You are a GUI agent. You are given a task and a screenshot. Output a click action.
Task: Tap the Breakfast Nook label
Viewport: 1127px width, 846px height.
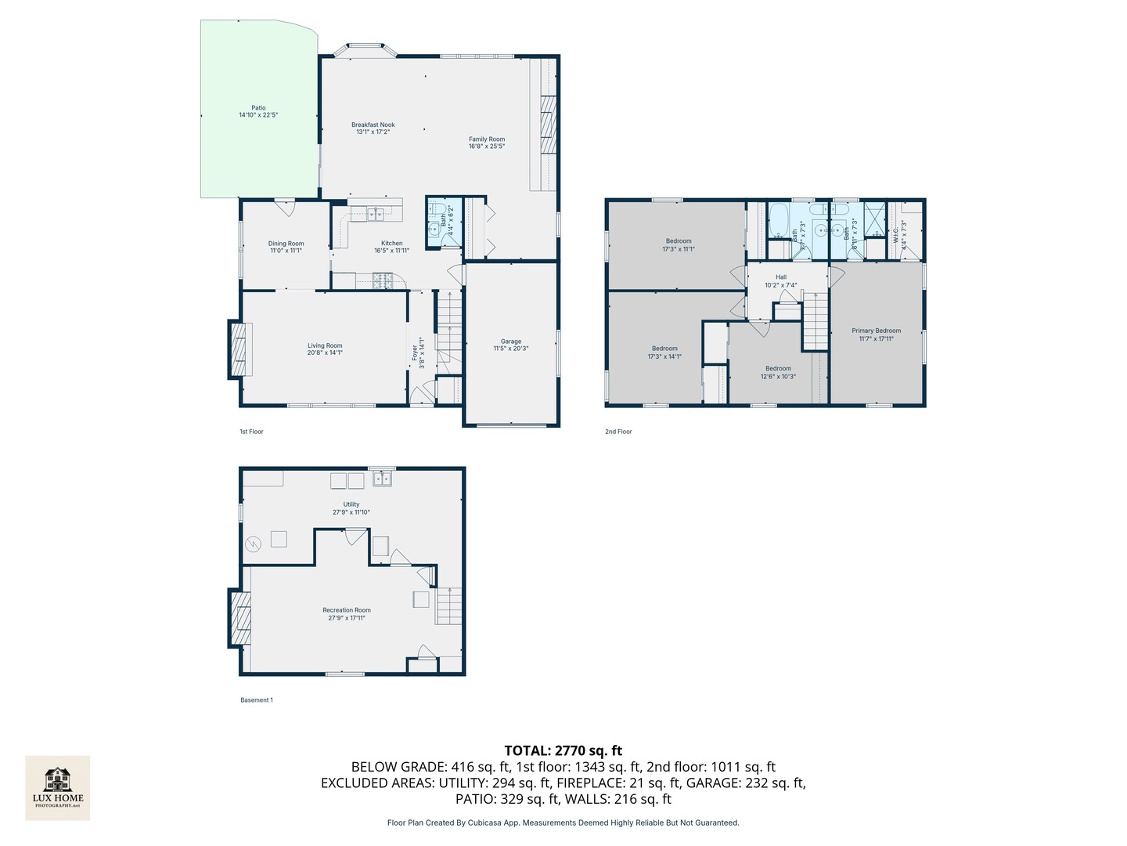point(373,125)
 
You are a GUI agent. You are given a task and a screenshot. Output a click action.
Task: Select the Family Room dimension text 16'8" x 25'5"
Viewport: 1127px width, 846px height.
point(487,146)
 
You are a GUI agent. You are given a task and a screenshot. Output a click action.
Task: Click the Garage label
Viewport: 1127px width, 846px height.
point(511,342)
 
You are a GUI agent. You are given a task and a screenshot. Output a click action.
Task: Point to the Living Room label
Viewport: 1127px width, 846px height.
point(325,345)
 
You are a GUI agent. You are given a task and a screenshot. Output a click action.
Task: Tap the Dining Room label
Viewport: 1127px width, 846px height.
point(286,244)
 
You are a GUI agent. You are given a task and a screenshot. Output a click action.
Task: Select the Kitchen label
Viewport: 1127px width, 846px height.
point(391,244)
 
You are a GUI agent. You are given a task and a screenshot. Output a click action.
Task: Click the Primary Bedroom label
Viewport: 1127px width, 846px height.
point(876,331)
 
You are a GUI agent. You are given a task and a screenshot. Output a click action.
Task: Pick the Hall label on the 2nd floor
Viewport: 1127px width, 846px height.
point(781,277)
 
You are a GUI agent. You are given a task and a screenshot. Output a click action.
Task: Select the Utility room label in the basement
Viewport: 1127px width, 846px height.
point(351,504)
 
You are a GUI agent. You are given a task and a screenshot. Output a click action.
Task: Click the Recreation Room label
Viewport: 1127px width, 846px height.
point(347,610)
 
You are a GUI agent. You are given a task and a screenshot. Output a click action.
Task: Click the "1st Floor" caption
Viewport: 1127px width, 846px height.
point(251,432)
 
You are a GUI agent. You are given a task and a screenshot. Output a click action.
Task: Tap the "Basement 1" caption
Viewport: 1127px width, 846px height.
point(257,700)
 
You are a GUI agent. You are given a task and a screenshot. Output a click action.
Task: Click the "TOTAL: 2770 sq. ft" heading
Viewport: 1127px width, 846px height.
point(563,750)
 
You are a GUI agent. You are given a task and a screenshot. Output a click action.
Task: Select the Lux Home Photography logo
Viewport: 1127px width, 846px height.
point(58,787)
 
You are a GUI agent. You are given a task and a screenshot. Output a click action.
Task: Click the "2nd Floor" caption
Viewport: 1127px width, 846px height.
point(618,432)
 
